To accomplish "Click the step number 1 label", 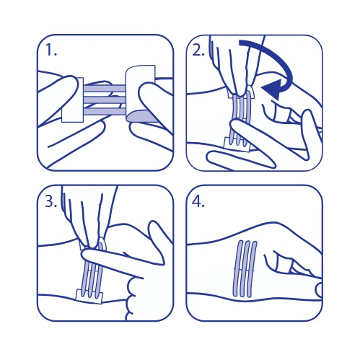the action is tap(51, 51).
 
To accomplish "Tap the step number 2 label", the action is tap(198, 51).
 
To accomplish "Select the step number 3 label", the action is tap(51, 201).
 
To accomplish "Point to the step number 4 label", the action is tap(198, 201).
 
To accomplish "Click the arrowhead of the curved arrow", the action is tap(272, 89).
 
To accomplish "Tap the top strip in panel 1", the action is tap(105, 88).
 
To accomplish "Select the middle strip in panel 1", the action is tap(105, 100).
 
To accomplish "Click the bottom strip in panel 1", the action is tap(105, 111).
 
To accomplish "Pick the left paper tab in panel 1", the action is tap(72, 100).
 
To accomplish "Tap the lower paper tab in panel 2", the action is tap(237, 144).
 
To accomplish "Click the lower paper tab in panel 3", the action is tap(89, 296).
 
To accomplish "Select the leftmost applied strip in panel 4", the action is tap(237, 268).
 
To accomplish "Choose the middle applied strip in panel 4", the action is tap(245, 268).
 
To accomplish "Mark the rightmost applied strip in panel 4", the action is tap(252, 268).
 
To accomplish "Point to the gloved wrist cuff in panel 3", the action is tap(131, 298).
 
